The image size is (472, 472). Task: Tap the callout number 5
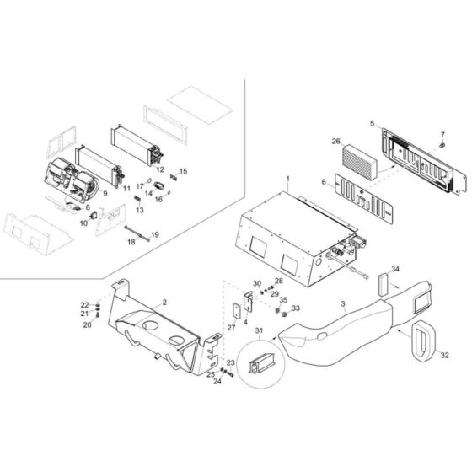tap(372, 123)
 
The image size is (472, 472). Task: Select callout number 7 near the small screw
tap(442, 135)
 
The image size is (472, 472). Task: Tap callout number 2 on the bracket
tap(164, 302)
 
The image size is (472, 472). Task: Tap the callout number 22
tap(84, 304)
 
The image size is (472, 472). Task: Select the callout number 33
tap(295, 308)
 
